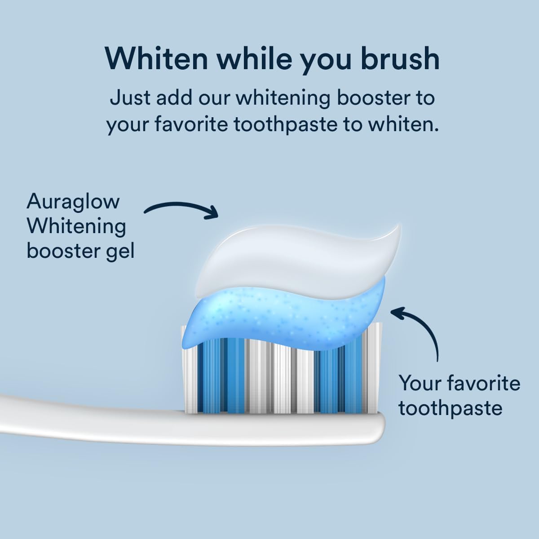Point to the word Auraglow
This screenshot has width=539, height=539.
click(x=73, y=202)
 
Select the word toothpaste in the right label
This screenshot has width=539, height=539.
click(x=450, y=408)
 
